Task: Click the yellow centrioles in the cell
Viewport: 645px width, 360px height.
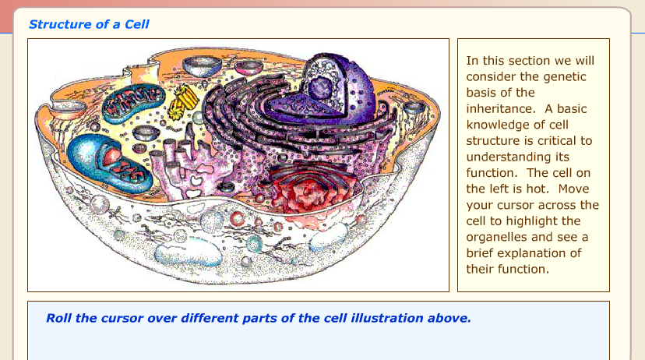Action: click(x=183, y=101)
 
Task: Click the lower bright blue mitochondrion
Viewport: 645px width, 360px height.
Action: click(x=109, y=163)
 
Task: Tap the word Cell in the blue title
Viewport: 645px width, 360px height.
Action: click(x=136, y=24)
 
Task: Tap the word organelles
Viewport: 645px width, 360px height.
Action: click(x=496, y=238)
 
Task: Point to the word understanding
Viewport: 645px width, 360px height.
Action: click(x=517, y=157)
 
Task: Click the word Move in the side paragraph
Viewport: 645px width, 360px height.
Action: click(x=574, y=189)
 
